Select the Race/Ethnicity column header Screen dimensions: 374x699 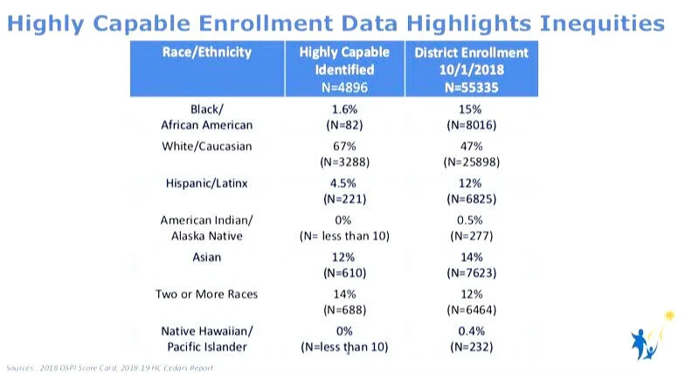(x=207, y=52)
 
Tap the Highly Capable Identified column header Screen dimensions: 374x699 (x=344, y=68)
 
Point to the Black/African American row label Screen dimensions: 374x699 (x=207, y=117)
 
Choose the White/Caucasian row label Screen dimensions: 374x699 (x=207, y=146)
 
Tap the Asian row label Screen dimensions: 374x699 (x=207, y=258)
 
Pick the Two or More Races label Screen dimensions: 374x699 (x=207, y=295)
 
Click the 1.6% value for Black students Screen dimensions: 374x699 (x=344, y=109)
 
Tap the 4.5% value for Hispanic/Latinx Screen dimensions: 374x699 (x=344, y=184)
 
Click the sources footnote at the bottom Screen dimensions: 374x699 (x=109, y=368)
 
